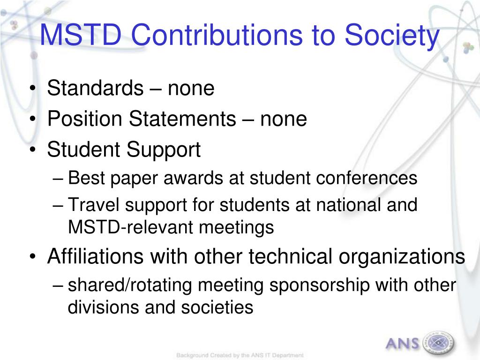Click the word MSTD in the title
[x=81, y=35]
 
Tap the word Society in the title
[x=392, y=37]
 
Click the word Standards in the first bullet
[x=95, y=88]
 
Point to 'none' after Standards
[x=191, y=90]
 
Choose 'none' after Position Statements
[x=284, y=120]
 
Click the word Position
[x=84, y=119]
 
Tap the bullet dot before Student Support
[x=33, y=150]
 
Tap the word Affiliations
[x=96, y=256]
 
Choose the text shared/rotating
[x=130, y=286]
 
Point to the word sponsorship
[x=319, y=286]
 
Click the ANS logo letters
[x=402, y=343]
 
